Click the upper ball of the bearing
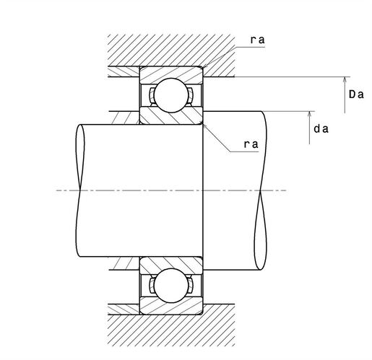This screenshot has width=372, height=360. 171,95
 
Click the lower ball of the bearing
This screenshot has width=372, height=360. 171,286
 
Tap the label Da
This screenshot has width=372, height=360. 356,95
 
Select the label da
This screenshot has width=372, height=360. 321,129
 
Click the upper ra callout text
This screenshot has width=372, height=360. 258,40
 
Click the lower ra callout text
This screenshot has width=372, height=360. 251,144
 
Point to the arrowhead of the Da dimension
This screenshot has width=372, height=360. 345,80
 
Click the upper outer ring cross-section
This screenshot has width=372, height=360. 171,75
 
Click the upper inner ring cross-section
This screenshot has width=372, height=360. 171,116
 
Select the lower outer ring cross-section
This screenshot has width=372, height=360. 171,306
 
